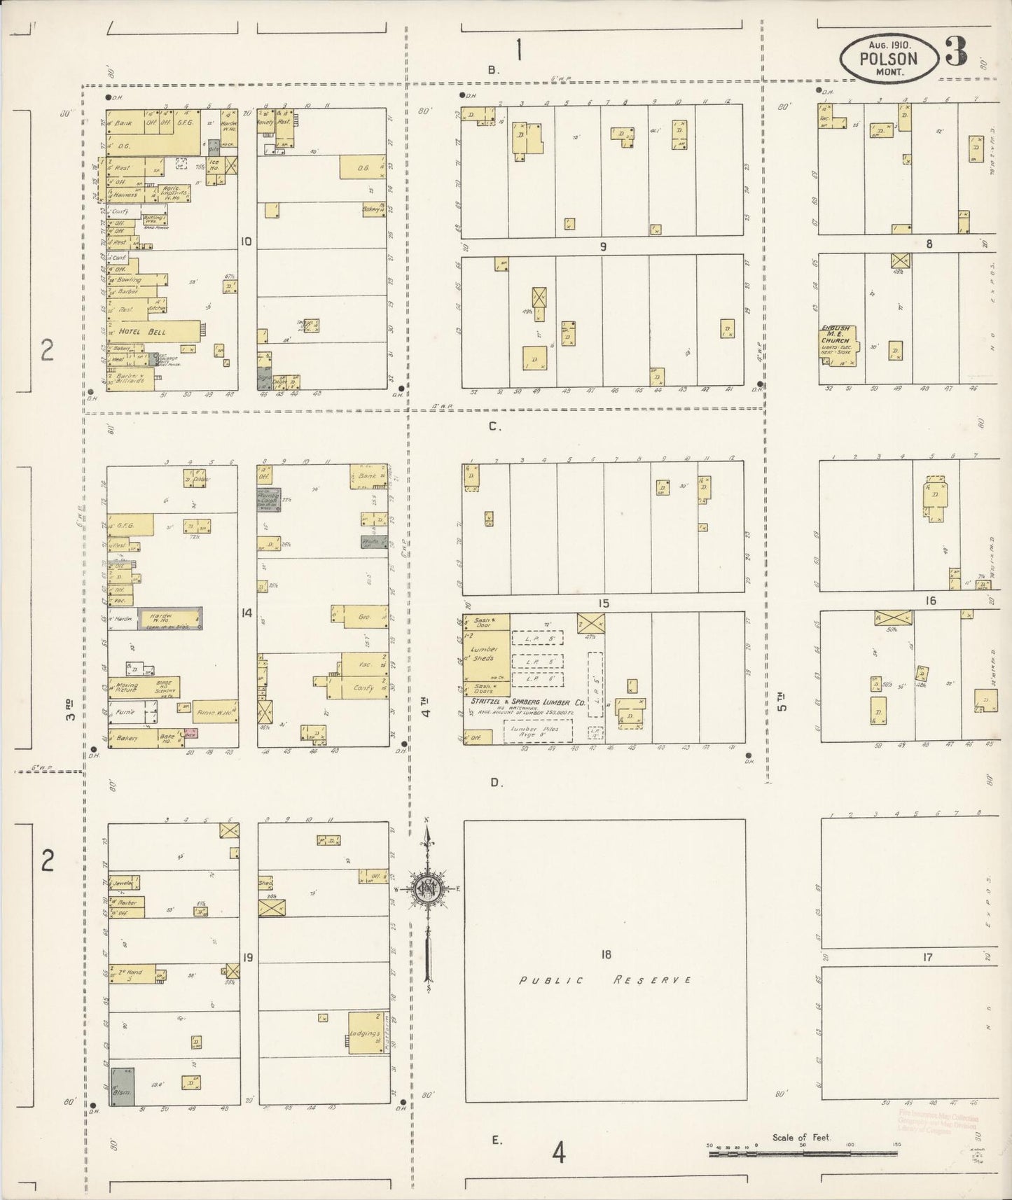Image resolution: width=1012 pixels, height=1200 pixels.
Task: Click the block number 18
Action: click(606, 954)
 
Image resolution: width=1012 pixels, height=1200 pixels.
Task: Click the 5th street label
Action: click(782, 701)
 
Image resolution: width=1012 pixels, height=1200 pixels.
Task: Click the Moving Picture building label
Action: click(127, 689)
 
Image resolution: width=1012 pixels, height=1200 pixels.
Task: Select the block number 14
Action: click(247, 613)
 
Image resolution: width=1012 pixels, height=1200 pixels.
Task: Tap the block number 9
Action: click(603, 246)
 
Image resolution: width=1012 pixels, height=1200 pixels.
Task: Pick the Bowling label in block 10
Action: click(129, 279)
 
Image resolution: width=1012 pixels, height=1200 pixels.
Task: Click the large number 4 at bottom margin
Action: click(558, 1151)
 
